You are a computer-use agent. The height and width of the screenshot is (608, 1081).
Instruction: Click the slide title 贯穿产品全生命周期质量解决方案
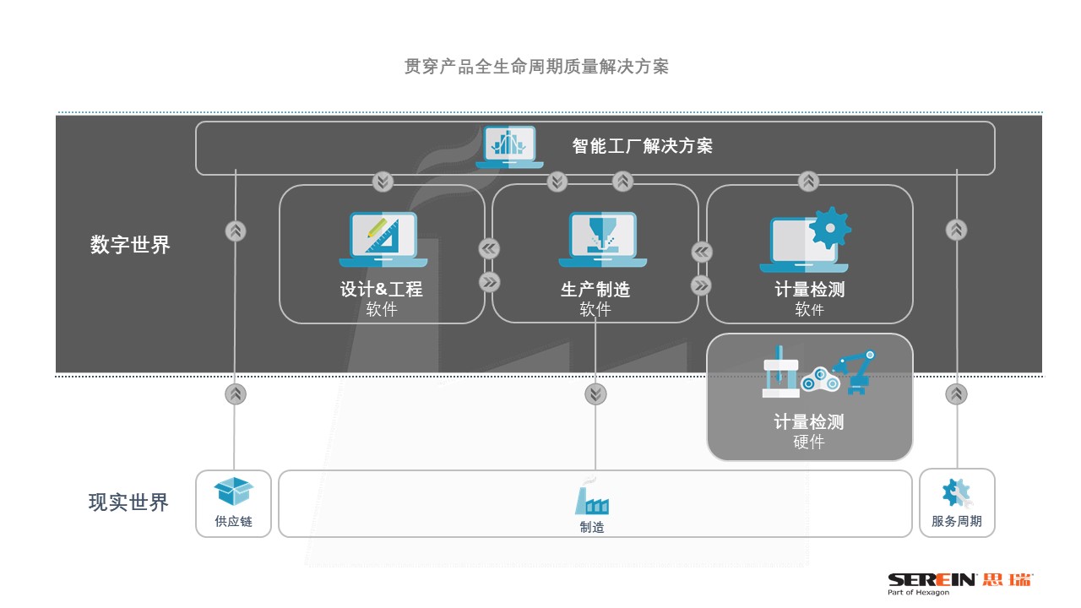coord(536,67)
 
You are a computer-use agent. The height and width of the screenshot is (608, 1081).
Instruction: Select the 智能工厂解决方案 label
coord(642,146)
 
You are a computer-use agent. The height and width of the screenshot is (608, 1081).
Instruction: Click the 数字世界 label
coord(130,245)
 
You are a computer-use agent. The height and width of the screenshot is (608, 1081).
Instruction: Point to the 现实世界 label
coord(128,502)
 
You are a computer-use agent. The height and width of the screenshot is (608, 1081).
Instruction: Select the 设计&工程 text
coord(381,290)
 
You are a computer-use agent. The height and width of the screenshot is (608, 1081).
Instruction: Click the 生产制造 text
coord(595,290)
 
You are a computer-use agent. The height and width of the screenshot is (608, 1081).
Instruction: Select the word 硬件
coord(809,442)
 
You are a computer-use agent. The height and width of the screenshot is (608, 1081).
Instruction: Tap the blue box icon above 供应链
coord(233,491)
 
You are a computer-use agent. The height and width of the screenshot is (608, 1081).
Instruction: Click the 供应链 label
coord(233,521)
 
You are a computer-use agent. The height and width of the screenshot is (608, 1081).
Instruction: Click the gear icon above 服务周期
coord(957,492)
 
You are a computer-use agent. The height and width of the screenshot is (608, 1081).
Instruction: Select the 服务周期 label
coord(957,521)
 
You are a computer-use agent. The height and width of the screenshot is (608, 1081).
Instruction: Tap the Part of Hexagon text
coord(918,593)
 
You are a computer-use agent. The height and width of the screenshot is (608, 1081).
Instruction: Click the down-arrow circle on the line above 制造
coord(596,394)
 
